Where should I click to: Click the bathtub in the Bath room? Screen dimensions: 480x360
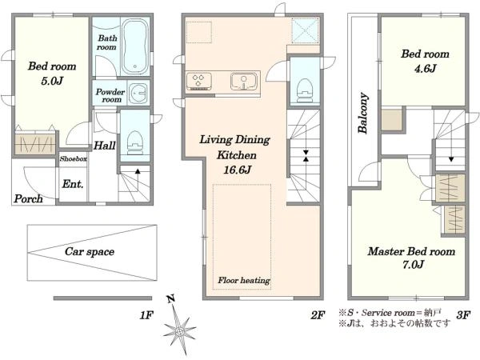(x=135, y=46)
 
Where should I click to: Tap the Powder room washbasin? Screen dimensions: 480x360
(x=138, y=93)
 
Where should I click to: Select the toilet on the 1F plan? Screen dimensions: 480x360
(x=135, y=142)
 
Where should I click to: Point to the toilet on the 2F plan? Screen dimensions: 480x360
(x=305, y=90)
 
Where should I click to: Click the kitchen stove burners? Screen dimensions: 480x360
(x=199, y=81)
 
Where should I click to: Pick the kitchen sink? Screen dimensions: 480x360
(x=244, y=81)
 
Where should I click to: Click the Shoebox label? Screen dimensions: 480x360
(x=73, y=158)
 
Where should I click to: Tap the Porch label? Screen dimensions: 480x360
(x=28, y=199)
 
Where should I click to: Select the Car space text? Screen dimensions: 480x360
(x=90, y=252)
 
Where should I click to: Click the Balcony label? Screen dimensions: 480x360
(x=363, y=113)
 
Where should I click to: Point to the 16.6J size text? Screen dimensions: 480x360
(x=238, y=170)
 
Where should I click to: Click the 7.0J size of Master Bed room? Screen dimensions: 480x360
(x=413, y=264)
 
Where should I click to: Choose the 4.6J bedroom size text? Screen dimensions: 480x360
(x=425, y=68)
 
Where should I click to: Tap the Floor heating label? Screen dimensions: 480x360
(x=244, y=281)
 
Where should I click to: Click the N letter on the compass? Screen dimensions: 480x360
(x=170, y=298)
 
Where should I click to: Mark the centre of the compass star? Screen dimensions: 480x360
(x=180, y=331)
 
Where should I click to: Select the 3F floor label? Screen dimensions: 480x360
(x=463, y=315)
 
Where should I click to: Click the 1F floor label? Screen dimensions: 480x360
(x=146, y=315)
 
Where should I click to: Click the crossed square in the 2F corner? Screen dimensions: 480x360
(x=306, y=30)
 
